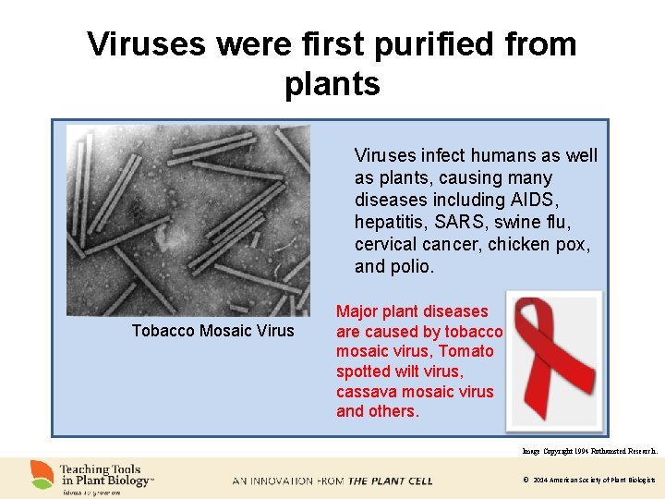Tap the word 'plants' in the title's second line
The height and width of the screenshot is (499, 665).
pos(332,84)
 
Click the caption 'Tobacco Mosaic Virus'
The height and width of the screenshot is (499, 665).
pos(212,331)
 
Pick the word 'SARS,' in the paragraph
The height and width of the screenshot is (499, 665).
pos(464,223)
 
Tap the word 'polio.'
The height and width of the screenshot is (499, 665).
pos(409,267)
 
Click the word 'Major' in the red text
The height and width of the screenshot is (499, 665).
pos(360,311)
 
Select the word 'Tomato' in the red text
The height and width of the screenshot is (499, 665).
pos(466,351)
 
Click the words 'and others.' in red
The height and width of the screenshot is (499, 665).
pos(378,412)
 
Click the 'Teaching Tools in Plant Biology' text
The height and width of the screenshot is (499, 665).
pos(106,475)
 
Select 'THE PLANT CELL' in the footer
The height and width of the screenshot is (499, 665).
pos(390,481)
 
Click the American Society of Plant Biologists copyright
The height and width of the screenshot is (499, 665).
pos(588,481)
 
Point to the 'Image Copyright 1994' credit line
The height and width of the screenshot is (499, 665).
pos(589,451)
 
